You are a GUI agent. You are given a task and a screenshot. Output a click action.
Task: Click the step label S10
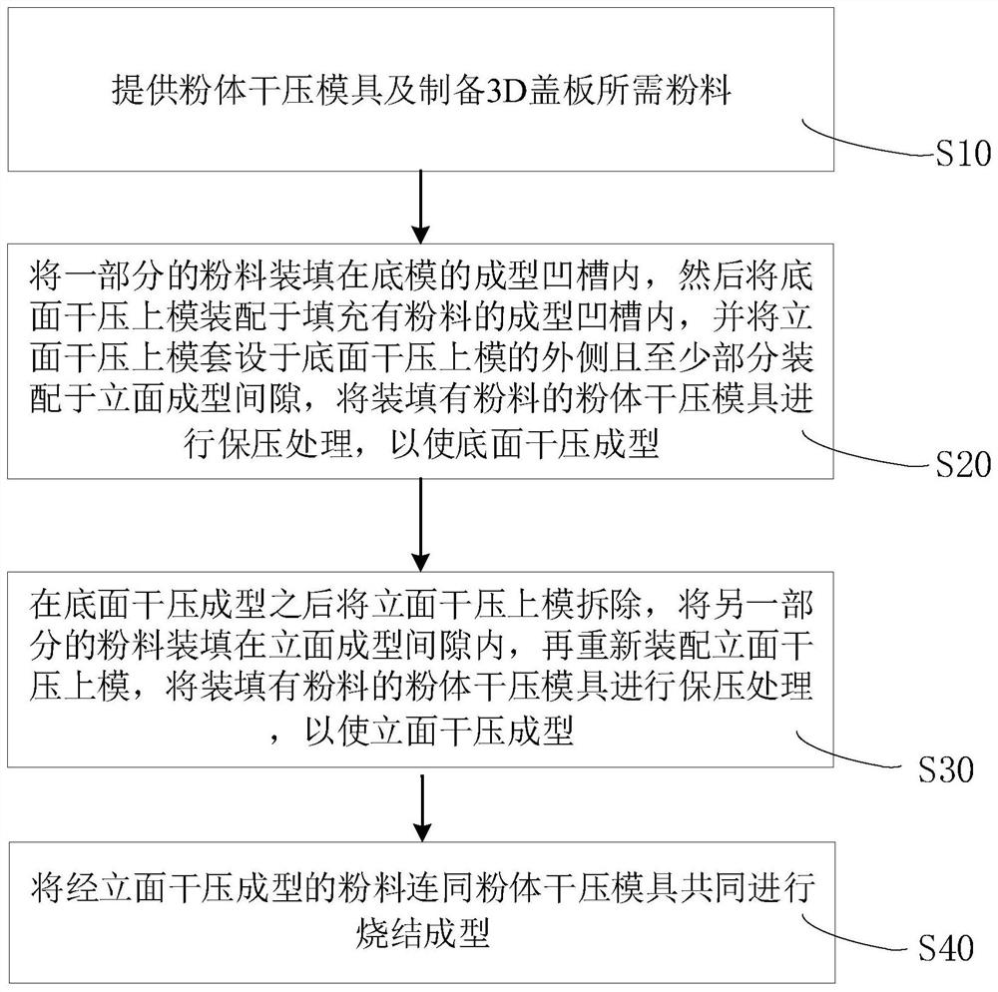960,155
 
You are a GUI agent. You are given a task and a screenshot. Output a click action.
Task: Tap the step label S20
962,465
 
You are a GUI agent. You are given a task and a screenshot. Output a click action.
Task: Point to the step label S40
945,948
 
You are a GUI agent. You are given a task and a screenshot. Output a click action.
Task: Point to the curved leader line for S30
854,751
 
